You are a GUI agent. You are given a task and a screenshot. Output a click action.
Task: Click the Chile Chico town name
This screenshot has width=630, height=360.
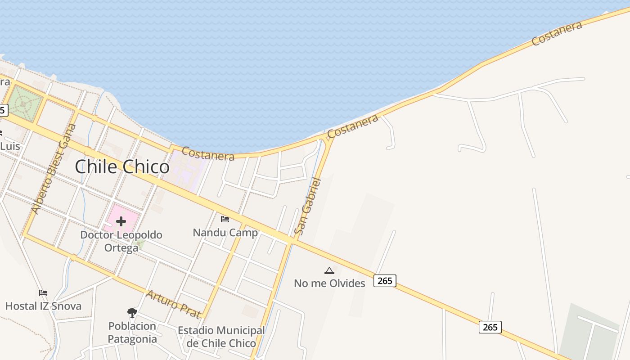(122, 167)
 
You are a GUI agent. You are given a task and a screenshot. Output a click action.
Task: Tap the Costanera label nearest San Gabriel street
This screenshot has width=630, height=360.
(353, 126)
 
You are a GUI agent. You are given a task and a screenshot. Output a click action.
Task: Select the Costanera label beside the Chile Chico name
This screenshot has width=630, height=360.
(208, 154)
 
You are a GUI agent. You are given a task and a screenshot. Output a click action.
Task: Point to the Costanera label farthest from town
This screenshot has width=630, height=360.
(557, 33)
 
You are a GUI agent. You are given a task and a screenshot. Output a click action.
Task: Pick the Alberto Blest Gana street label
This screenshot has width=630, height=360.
(54, 169)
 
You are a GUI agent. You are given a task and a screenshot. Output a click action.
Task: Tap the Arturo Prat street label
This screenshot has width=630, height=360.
(173, 305)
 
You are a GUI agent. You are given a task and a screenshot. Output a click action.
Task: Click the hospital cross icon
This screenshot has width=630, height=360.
(121, 221)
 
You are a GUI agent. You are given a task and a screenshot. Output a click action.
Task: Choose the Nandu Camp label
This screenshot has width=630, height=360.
(225, 233)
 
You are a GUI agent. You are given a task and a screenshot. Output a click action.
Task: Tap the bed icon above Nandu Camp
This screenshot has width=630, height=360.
(225, 219)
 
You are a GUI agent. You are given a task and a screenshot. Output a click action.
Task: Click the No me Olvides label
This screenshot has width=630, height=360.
(329, 283)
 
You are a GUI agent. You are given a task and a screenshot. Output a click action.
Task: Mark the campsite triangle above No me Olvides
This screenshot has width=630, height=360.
(329, 270)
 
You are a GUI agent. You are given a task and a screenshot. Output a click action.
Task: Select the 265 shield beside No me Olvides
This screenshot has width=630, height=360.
(385, 281)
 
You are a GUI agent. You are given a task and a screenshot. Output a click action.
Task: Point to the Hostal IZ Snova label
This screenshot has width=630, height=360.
(43, 306)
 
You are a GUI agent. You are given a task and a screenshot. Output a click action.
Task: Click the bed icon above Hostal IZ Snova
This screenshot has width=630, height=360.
(43, 293)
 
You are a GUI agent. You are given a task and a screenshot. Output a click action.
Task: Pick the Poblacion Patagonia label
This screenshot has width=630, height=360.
(132, 333)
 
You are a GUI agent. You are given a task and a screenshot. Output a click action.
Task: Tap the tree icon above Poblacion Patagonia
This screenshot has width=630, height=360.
(132, 312)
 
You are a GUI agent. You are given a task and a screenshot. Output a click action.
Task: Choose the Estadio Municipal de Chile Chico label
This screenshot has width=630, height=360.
(221, 337)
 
